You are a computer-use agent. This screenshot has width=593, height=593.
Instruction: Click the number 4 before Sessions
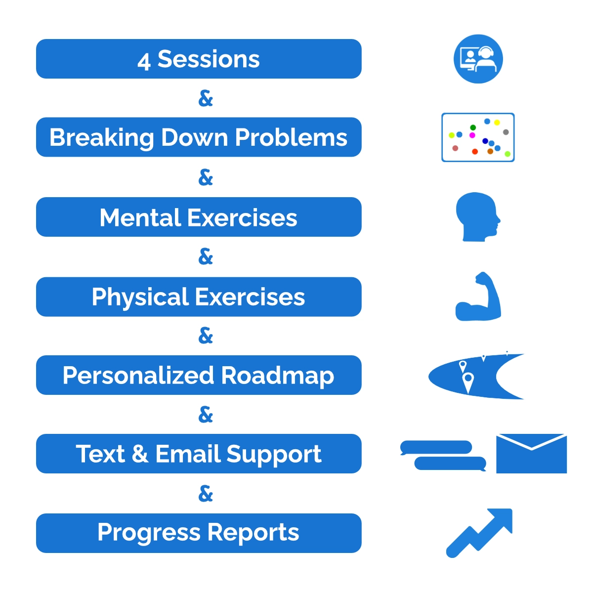coord(144,62)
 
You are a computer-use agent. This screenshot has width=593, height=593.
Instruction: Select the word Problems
coord(291,137)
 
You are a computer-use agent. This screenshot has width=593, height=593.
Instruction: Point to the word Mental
coord(140,217)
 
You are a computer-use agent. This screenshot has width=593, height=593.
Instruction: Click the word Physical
coord(140,298)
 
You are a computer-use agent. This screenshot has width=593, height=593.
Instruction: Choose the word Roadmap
coord(277,376)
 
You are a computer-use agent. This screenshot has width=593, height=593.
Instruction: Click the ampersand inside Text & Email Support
coord(140,454)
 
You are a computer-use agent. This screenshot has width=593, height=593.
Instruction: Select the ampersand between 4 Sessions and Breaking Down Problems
coord(206,98)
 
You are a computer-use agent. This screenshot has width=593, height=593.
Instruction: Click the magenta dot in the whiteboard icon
coord(472,135)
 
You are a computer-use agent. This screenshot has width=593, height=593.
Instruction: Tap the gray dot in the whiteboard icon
coord(506,132)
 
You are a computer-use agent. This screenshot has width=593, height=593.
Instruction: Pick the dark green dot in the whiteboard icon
coord(473,127)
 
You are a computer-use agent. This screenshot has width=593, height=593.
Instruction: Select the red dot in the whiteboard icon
coord(475,151)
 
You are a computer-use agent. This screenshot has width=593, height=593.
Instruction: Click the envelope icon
coord(531,453)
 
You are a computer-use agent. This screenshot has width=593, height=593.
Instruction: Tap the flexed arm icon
coord(478,296)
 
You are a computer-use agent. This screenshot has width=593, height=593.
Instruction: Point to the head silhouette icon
coord(478,216)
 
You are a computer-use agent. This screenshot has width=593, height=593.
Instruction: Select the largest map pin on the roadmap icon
coord(468,382)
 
